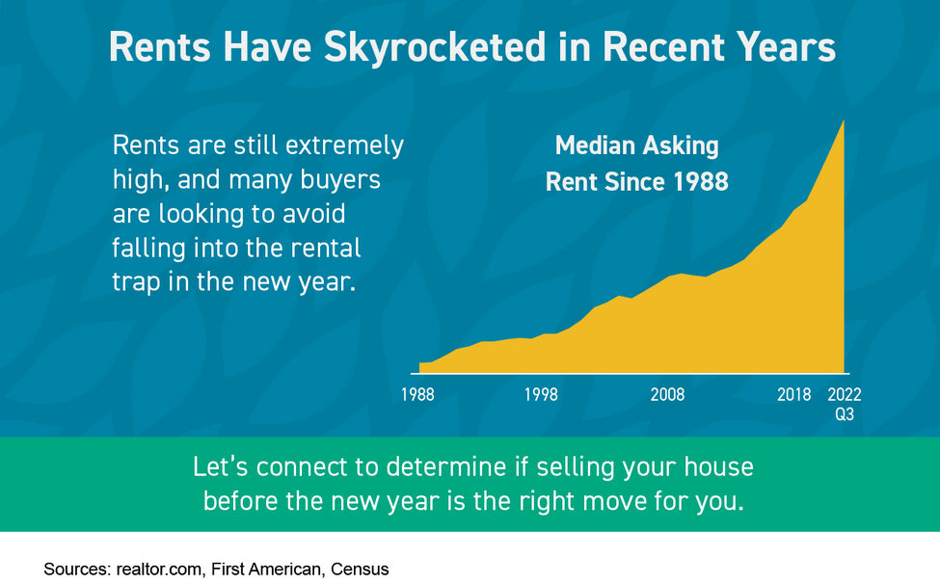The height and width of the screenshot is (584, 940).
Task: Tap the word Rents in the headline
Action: [x=159, y=47]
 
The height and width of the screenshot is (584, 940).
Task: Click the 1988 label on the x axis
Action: [x=417, y=395]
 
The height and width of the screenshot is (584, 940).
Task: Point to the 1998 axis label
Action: [x=541, y=395]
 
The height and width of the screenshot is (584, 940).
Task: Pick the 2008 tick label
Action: [x=667, y=395]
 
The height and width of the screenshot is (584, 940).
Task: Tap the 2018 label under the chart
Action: [x=793, y=395]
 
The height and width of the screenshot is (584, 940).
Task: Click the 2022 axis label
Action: [x=845, y=395]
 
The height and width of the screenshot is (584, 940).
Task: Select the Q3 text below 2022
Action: [x=845, y=414]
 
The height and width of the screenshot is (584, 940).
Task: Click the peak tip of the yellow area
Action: [x=844, y=120]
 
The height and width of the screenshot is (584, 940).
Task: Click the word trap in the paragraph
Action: [x=136, y=282]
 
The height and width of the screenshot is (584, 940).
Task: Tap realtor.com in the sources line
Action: [x=159, y=569]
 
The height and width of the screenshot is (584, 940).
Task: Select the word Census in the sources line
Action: [x=360, y=569]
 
